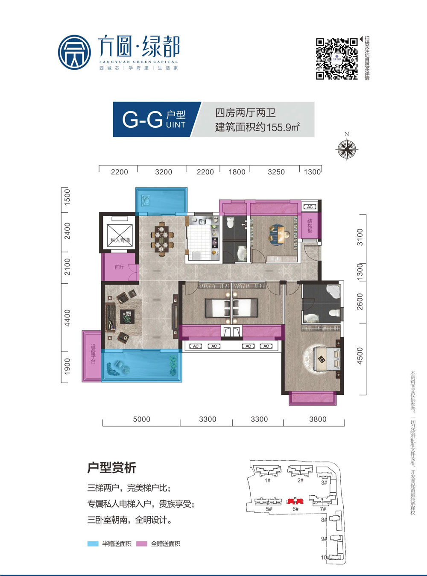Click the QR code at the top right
point(336,59)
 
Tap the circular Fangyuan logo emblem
point(75,53)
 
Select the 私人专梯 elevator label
point(120,240)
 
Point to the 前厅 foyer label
point(120,267)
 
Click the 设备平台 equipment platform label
point(93,354)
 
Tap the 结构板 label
point(310,226)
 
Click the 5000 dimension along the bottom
point(141,419)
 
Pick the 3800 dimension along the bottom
point(317,419)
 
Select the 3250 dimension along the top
point(276,172)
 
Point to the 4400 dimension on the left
point(67,318)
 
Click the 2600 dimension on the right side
point(360,302)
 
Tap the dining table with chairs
point(162,238)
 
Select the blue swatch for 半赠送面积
point(93,544)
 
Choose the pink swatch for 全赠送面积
point(142,544)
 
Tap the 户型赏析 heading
point(111,467)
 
